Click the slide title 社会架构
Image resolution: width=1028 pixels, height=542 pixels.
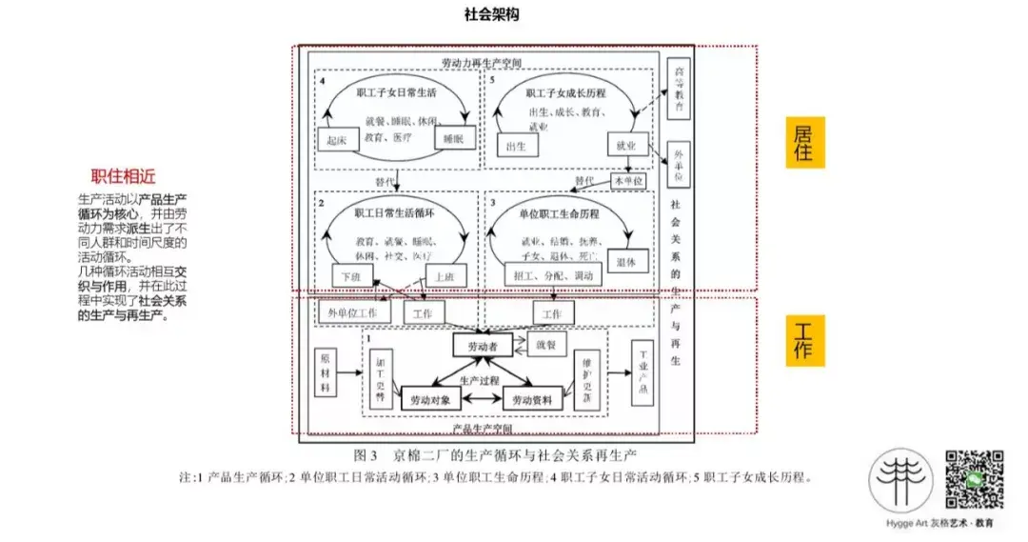pyautogui.click(x=492, y=16)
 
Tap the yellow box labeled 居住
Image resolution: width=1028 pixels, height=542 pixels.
pyautogui.click(x=804, y=142)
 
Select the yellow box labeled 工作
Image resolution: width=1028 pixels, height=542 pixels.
pyautogui.click(x=804, y=338)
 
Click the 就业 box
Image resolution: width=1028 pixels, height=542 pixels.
pyautogui.click(x=626, y=144)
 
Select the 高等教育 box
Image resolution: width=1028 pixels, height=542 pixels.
pyautogui.click(x=678, y=90)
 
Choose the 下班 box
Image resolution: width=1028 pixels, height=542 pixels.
pyautogui.click(x=351, y=276)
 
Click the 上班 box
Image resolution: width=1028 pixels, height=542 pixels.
pyautogui.click(x=442, y=276)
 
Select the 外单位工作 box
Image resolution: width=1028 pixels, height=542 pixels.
pyautogui.click(x=353, y=311)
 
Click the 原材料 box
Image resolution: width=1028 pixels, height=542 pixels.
pyautogui.click(x=326, y=372)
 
